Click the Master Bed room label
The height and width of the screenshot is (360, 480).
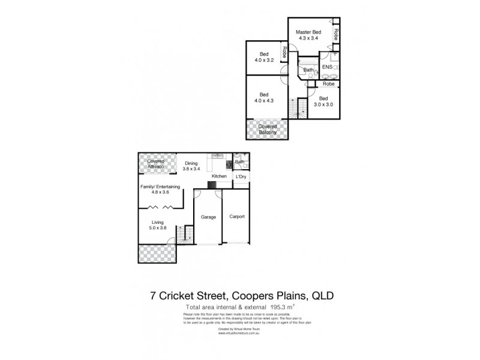pos(307,34)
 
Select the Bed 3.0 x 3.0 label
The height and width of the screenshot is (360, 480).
pos(323,101)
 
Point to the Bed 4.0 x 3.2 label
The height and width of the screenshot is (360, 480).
pos(263,56)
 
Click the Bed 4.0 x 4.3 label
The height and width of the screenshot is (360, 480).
pos(263,97)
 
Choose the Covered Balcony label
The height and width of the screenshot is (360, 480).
pos(267,130)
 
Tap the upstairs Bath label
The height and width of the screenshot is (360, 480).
pos(308,70)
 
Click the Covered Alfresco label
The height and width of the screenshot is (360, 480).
pos(156,163)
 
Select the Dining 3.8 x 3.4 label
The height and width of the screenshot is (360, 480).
pos(191,165)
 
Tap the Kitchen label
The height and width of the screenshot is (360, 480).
pos(218,176)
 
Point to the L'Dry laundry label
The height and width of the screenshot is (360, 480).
pos(240,176)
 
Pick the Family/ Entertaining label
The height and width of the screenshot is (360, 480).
pos(160,190)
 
